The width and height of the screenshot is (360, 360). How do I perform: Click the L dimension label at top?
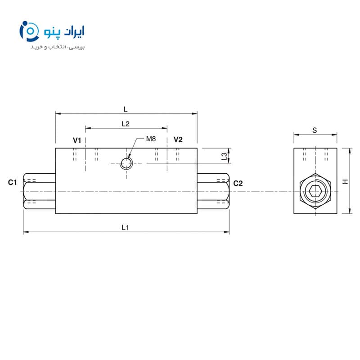coord(126,109)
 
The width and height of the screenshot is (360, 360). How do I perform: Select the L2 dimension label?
coord(126,124)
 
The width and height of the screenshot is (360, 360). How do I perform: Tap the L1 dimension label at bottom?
coord(125,228)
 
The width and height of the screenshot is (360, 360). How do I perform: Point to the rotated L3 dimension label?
coord(224,156)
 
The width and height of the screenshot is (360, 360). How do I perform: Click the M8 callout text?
coord(151,139)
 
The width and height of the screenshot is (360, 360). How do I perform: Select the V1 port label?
coord(77,140)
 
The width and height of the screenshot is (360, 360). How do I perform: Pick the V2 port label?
coord(178,139)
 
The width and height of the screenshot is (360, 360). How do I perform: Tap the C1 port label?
coord(13,183)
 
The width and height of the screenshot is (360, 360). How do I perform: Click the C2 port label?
coord(238,184)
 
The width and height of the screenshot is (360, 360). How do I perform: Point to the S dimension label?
coord(315,130)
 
